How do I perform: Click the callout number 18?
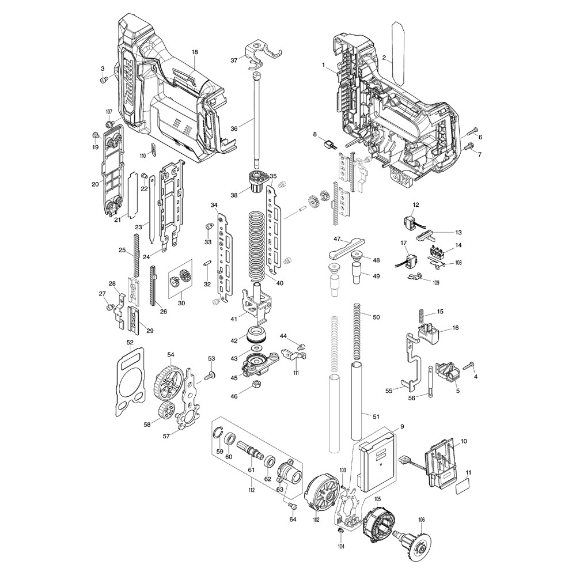pyautogui.click(x=195, y=52)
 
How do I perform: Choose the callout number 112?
pyautogui.click(x=252, y=490)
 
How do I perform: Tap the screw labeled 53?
pyautogui.click(x=210, y=375)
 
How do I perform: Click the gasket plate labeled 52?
pyautogui.click(x=128, y=381)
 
